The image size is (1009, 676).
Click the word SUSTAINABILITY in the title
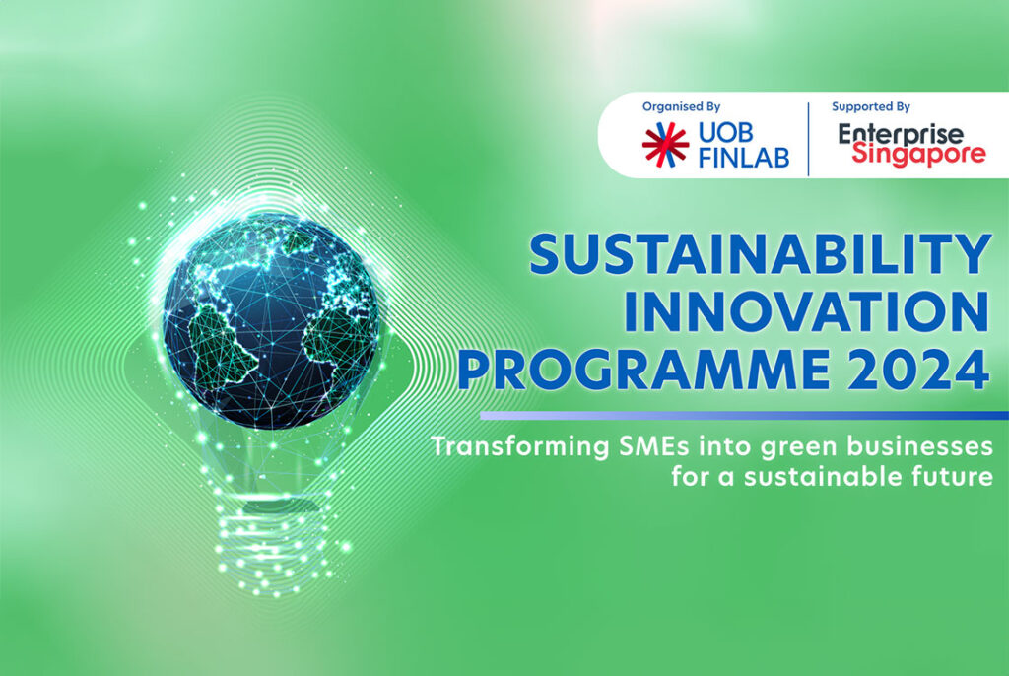pyautogui.click(x=759, y=255)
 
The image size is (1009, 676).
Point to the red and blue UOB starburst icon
pyautogui.click(x=665, y=144)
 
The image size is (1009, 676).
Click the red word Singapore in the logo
pyautogui.click(x=918, y=156)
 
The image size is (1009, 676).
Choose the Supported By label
pyautogui.click(x=870, y=106)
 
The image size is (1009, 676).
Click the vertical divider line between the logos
pyautogui.click(x=808, y=138)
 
